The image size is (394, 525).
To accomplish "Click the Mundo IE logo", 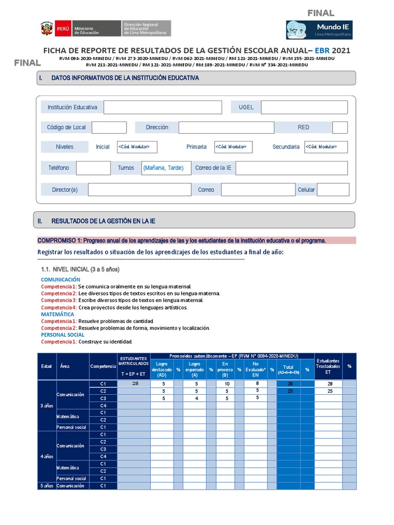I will click(319, 30).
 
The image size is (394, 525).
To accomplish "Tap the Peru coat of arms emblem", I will click(46, 29).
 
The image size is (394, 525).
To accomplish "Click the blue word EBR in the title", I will click(323, 50).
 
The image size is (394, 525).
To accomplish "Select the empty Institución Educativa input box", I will click(163, 107).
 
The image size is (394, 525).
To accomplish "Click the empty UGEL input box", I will click(304, 107).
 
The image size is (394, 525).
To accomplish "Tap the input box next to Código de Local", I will click(109, 127).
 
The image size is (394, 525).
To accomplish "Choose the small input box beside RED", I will click(340, 127).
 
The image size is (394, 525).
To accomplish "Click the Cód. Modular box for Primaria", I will click(233, 147).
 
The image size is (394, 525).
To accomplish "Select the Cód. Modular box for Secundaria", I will click(326, 147).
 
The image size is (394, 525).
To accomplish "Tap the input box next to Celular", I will click(332, 190).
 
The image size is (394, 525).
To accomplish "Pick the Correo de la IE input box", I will click(291, 168).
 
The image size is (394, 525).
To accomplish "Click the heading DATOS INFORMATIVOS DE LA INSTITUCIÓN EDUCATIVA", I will click(125, 78).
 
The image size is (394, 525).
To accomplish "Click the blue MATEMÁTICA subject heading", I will click(57, 314).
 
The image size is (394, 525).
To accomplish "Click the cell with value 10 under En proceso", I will click(225, 383).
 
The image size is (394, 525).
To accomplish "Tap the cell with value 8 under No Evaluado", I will click(257, 383).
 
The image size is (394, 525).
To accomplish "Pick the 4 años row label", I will click(47, 456).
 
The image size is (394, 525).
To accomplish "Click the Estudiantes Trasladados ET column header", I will click(328, 367).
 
